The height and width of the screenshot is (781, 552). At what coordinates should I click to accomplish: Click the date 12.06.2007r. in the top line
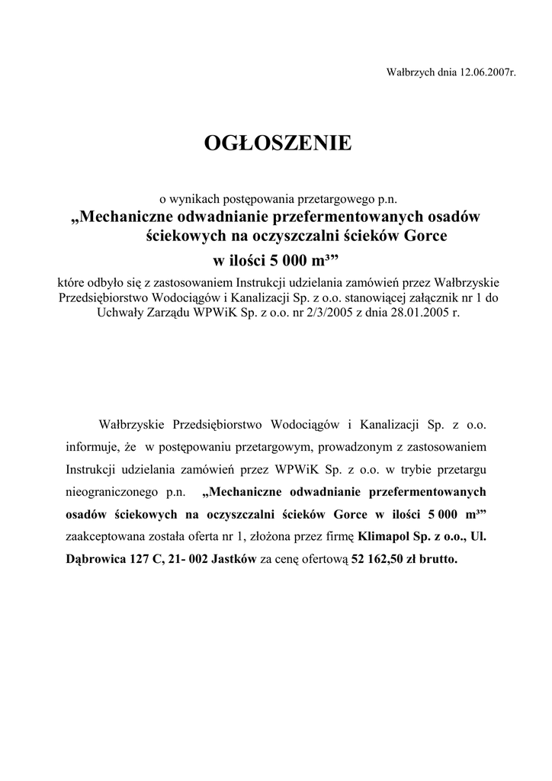click(488, 73)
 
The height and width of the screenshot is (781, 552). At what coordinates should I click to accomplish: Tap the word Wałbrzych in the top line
click(411, 73)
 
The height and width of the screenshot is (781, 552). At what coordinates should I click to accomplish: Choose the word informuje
click(90, 445)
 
